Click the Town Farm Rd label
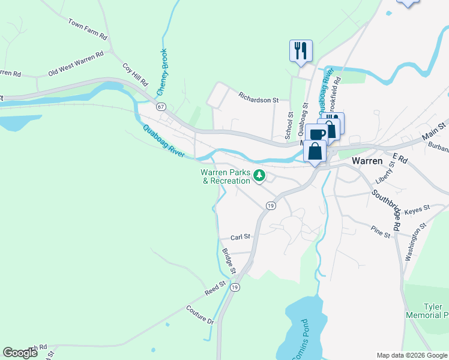88,29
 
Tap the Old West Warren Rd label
76,63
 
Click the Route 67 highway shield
160,106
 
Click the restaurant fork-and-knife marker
301,50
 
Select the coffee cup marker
316,134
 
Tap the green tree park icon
259,175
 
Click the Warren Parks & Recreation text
225,176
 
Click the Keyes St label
417,209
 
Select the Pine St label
381,232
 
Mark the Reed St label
215,288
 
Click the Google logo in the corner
20,353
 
